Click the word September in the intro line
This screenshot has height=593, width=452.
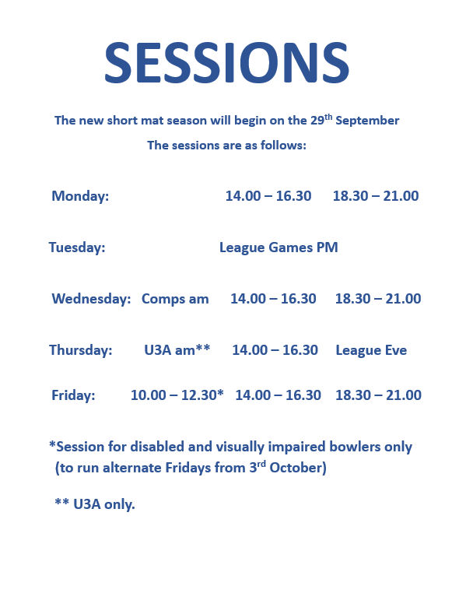(x=368, y=121)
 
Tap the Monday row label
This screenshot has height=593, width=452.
(x=80, y=196)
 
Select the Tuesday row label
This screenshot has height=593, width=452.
(x=77, y=247)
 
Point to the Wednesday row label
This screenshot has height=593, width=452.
(x=91, y=299)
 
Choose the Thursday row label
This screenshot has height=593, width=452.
(x=81, y=350)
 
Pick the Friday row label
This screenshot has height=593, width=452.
(x=73, y=395)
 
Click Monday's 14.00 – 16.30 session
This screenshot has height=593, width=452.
(x=268, y=196)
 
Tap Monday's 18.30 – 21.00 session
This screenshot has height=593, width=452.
(x=376, y=196)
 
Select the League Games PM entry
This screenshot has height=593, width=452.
(x=279, y=247)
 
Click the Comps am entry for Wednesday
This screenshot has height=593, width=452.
(x=175, y=299)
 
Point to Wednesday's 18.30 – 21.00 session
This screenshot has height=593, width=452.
(x=378, y=299)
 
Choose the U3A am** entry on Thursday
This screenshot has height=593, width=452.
(x=177, y=350)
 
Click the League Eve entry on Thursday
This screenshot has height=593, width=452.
(x=371, y=350)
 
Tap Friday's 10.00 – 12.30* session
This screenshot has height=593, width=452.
(x=177, y=395)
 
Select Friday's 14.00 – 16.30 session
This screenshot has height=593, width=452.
(x=278, y=395)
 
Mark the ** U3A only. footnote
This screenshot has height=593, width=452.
(x=95, y=504)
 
